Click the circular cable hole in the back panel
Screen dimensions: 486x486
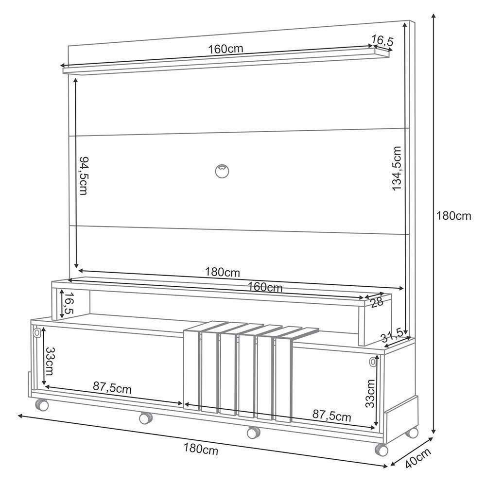click(x=222, y=171)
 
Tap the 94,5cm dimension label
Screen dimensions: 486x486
click(x=84, y=175)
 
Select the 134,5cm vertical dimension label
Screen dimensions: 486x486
click(x=397, y=168)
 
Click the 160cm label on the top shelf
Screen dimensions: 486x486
click(x=226, y=49)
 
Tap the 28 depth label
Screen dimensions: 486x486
click(x=377, y=302)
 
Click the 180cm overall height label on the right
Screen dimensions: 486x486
click(x=453, y=216)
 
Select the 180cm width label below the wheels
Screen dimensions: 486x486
click(x=201, y=449)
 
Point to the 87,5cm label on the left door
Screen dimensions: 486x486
click(x=112, y=388)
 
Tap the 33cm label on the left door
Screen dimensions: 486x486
click(x=50, y=361)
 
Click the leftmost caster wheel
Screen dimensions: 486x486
click(x=42, y=405)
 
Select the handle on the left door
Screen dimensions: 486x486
click(x=36, y=333)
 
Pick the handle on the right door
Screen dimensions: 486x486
click(x=372, y=362)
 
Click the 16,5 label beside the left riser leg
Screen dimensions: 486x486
click(x=68, y=303)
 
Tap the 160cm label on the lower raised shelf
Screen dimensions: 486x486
click(x=265, y=287)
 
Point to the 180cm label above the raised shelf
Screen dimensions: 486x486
click(x=222, y=272)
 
